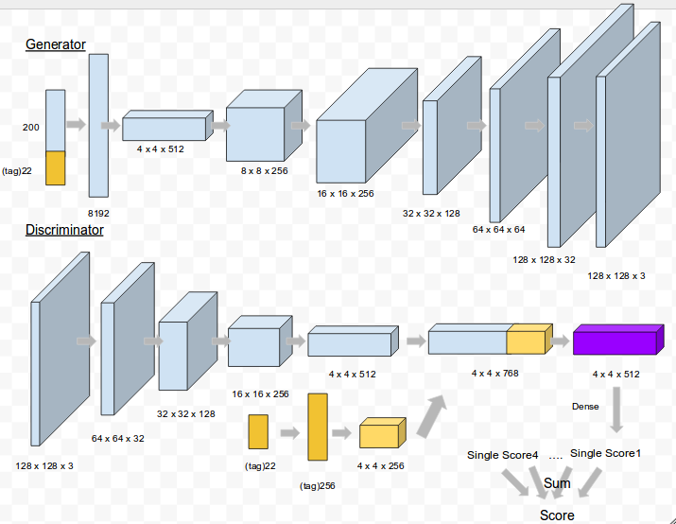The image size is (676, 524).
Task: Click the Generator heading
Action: [55, 44]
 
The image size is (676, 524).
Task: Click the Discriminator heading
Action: [64, 230]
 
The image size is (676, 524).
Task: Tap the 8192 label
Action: [99, 215]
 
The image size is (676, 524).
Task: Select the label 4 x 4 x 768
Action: [494, 373]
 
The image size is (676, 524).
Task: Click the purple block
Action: [614, 341]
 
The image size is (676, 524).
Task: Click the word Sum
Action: [557, 483]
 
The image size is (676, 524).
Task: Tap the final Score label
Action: [557, 515]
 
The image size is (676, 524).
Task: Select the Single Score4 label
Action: [502, 455]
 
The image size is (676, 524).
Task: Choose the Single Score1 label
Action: [605, 453]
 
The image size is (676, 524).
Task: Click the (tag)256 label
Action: [318, 485]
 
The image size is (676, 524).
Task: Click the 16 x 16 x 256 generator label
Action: [345, 193]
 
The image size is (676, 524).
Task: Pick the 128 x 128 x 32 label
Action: [544, 258]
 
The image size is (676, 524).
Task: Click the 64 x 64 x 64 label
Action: [498, 229]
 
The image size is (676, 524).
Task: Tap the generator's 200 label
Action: [31, 126]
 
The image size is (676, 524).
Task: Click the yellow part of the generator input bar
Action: [56, 167]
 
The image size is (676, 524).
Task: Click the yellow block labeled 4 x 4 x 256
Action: [380, 435]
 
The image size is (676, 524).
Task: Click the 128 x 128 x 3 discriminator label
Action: [44, 465]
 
